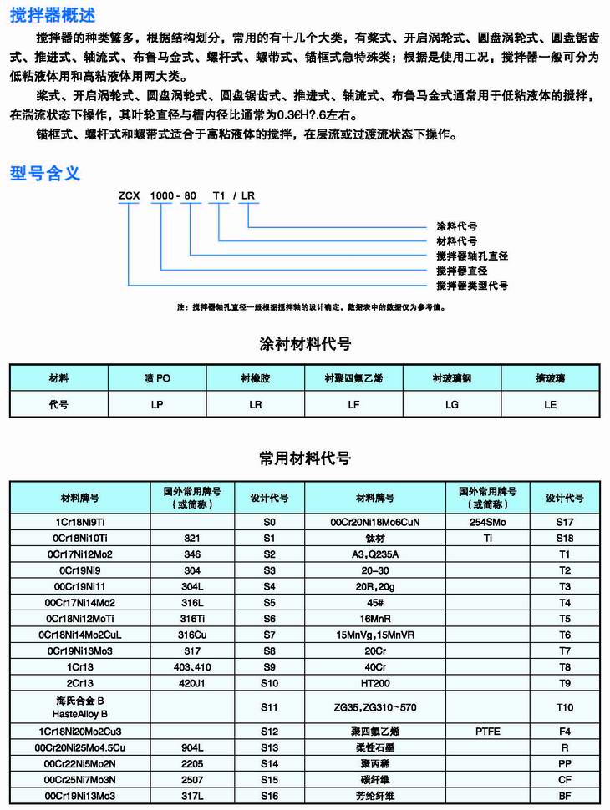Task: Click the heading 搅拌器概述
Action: point(52,14)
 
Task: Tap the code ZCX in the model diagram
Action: point(128,195)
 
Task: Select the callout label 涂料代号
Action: point(457,226)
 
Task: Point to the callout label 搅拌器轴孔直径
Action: point(472,256)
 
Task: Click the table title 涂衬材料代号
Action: point(305,344)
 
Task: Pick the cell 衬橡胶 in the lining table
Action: point(255,378)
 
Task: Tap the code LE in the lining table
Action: point(550,403)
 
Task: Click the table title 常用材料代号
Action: point(305,458)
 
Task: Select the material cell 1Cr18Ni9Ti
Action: point(80,521)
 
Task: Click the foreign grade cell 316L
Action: point(192,601)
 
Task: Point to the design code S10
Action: point(269,681)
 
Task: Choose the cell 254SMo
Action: point(489,521)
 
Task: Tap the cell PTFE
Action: point(489,730)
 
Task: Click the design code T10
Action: point(564,706)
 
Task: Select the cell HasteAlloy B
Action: point(80,714)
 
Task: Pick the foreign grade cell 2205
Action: point(192,763)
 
